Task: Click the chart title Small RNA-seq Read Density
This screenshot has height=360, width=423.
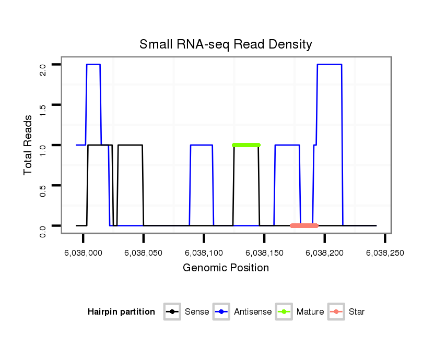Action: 226,44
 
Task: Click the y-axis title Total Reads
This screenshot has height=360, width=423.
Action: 28,145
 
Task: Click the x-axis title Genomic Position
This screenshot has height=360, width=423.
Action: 226,268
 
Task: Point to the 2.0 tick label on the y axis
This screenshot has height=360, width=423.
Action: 43,69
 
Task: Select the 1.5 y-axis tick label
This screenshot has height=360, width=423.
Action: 43,109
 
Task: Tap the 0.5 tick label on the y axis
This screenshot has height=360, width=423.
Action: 43,189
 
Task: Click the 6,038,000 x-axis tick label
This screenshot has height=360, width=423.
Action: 83,253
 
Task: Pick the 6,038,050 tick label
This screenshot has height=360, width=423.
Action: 143,253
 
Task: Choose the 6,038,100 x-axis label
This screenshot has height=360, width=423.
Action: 204,253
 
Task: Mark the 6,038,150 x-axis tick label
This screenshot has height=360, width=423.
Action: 264,253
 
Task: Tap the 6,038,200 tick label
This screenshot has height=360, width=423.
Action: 325,253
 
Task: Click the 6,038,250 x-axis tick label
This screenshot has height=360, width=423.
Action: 385,253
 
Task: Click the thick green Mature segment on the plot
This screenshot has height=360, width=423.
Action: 246,145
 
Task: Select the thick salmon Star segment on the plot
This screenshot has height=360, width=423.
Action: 304,225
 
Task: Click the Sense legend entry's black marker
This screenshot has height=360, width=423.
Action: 172,312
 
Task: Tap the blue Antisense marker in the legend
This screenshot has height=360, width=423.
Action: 221,312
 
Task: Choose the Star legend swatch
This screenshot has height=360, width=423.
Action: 336,312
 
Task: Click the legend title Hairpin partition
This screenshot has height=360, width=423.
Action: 122,312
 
